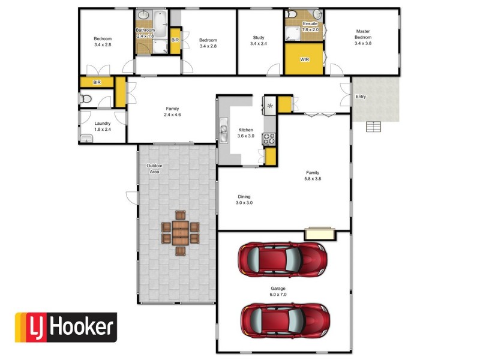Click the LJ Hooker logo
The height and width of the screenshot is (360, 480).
click(65, 328)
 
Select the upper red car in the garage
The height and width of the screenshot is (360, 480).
click(282, 259)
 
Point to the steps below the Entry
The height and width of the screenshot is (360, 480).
click(373, 127)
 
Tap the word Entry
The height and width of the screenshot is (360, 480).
click(361, 97)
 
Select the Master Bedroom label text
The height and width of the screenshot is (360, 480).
click(363, 37)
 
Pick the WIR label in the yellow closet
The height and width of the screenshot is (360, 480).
click(304, 60)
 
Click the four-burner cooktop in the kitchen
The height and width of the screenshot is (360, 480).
click(269, 139)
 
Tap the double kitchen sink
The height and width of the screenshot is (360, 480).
click(224, 131)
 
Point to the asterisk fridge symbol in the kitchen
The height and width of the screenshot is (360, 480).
click(269, 106)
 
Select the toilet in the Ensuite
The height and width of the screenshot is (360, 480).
click(292, 14)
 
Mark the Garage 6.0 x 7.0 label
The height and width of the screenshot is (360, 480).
click(278, 292)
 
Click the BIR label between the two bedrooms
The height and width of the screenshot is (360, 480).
click(175, 40)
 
